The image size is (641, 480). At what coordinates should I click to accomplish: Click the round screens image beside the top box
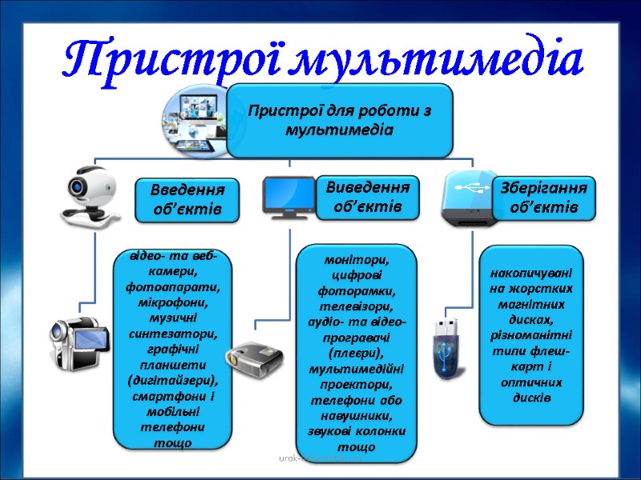point(196,112)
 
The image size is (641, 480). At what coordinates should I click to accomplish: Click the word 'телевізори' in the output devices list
point(357,306)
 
